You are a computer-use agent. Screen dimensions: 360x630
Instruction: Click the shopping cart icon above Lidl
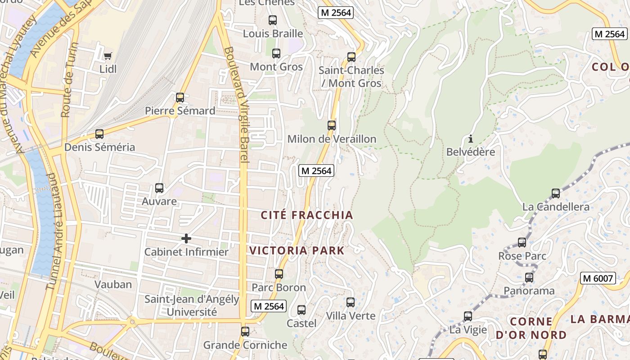(108, 56)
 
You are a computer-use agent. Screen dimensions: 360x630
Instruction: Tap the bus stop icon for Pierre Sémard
(180, 97)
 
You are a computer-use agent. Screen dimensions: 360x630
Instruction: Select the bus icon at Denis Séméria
(99, 134)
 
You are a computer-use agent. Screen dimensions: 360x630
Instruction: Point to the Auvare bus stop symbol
(159, 188)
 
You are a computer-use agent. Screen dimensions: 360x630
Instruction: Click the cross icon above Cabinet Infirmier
(186, 238)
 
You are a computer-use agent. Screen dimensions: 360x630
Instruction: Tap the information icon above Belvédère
(471, 139)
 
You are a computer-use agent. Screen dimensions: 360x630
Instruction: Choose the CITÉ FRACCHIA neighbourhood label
(307, 215)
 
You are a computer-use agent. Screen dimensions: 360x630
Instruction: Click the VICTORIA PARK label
(297, 251)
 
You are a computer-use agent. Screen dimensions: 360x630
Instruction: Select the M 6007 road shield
(598, 278)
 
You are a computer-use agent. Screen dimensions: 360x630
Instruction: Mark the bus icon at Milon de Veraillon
(332, 126)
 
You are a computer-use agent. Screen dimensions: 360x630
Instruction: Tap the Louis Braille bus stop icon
(273, 20)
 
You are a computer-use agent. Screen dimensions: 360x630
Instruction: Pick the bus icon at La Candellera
(556, 193)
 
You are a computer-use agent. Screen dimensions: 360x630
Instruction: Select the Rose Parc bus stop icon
(522, 243)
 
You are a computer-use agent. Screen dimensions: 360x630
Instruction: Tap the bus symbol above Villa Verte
(351, 302)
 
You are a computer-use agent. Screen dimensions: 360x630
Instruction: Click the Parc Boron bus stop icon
(279, 274)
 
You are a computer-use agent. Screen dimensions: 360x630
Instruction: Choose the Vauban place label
(113, 284)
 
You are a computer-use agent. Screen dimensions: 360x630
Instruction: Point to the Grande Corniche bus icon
(245, 332)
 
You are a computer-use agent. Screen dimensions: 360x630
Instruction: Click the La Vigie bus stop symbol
(468, 316)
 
